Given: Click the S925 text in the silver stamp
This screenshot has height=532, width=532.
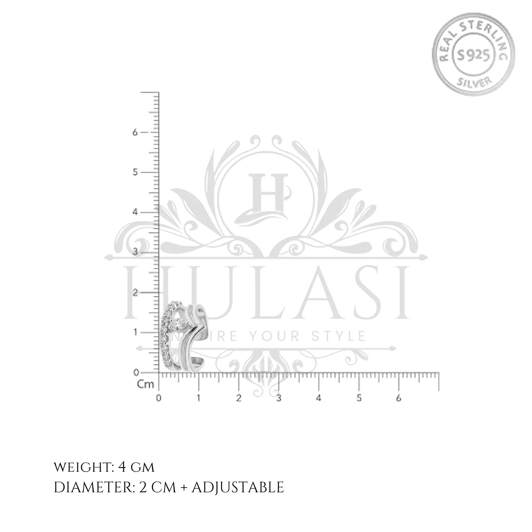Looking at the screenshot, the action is click(x=473, y=55).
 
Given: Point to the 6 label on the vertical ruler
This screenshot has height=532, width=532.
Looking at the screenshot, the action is click(x=135, y=132).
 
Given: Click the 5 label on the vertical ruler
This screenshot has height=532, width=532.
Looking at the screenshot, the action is click(x=135, y=172).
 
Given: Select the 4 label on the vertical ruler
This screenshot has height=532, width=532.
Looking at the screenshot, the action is click(x=135, y=212).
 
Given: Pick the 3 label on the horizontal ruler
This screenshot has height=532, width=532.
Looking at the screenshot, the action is click(x=279, y=398).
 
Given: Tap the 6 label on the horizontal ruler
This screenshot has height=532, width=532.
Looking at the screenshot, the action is click(x=399, y=398).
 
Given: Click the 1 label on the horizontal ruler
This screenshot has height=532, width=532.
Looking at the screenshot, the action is click(x=199, y=398).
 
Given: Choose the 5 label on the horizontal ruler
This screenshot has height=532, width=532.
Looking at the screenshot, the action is click(x=359, y=398).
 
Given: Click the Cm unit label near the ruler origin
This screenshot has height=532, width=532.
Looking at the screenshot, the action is click(x=145, y=384).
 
